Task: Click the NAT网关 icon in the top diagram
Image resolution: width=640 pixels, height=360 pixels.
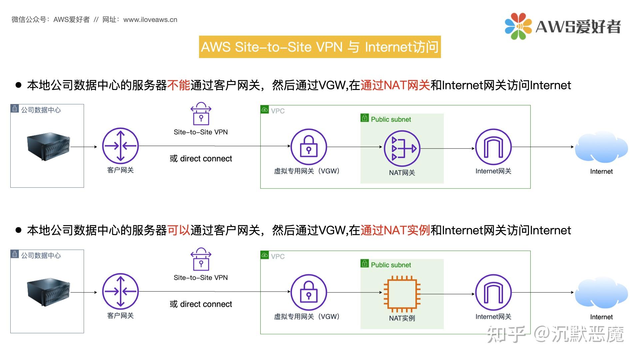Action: (x=402, y=148)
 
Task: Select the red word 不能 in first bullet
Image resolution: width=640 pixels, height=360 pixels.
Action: (x=178, y=85)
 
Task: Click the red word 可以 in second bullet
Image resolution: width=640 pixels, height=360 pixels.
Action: (x=178, y=230)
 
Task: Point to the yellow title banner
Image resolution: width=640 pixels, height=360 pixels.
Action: (x=320, y=47)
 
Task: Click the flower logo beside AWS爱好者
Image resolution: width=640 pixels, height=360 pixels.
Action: (x=518, y=26)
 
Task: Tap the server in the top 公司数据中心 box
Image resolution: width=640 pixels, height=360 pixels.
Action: (x=49, y=147)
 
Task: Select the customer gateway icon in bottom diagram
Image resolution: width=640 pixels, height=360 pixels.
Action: (x=120, y=292)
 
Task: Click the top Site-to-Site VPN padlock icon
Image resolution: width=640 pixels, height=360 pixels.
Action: (x=201, y=114)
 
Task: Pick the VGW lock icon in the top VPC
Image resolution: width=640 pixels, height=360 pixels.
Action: (x=309, y=147)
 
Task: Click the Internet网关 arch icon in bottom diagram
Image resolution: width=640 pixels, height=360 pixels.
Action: (x=493, y=292)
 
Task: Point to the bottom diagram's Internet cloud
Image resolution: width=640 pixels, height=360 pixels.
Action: (x=601, y=293)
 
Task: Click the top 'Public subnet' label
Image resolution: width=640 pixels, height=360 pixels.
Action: (x=391, y=119)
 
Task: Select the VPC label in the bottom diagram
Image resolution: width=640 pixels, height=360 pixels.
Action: (x=277, y=256)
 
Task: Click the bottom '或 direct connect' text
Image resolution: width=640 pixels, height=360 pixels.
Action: (x=201, y=304)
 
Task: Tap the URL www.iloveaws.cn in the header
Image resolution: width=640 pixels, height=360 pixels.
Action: (x=150, y=20)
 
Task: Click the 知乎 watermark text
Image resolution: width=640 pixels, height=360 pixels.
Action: (x=506, y=334)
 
